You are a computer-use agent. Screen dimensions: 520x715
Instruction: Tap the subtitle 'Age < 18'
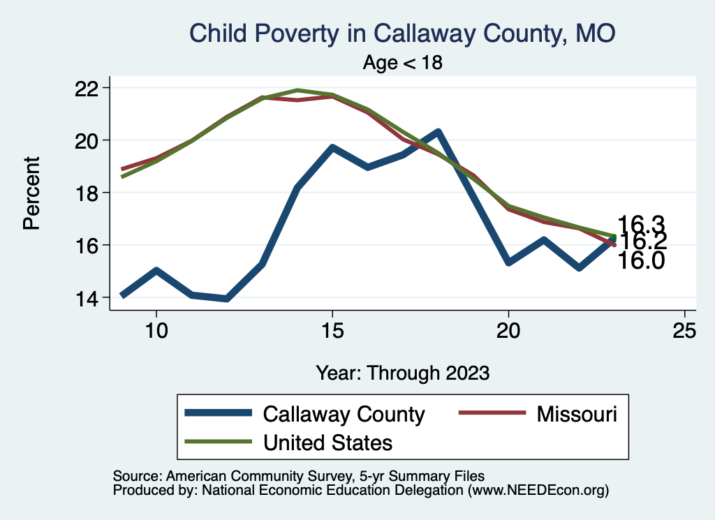pyautogui.click(x=403, y=62)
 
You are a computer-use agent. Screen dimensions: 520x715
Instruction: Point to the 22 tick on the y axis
pyautogui.click(x=92, y=88)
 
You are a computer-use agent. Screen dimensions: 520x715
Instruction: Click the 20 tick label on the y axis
pyautogui.click(x=92, y=140)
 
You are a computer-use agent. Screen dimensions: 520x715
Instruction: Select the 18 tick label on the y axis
pyautogui.click(x=92, y=193)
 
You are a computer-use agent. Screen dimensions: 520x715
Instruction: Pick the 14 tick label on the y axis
pyautogui.click(x=92, y=297)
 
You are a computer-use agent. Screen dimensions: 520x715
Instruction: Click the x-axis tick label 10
pyautogui.click(x=156, y=329)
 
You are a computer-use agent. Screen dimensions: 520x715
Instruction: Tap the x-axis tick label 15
pyautogui.click(x=332, y=329)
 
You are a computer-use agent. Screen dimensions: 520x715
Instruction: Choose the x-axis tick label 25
pyautogui.click(x=685, y=329)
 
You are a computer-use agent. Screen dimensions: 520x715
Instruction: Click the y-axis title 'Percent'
pyautogui.click(x=31, y=193)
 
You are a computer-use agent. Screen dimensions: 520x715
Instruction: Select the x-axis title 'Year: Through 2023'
pyautogui.click(x=402, y=372)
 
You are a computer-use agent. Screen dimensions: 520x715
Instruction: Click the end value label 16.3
pyautogui.click(x=641, y=224)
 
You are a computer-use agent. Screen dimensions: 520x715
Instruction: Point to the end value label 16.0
pyautogui.click(x=641, y=261)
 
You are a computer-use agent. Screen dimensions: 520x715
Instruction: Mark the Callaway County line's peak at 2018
pyautogui.click(x=438, y=131)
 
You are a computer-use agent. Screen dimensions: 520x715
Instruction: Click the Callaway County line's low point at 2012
pyautogui.click(x=227, y=299)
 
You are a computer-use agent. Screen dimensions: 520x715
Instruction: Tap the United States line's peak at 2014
pyautogui.click(x=297, y=90)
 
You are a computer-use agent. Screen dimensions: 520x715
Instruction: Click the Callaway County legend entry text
pyautogui.click(x=344, y=414)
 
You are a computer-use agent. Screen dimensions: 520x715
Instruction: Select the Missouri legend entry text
pyautogui.click(x=577, y=414)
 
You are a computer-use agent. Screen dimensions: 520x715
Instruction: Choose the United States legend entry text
pyautogui.click(x=327, y=443)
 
